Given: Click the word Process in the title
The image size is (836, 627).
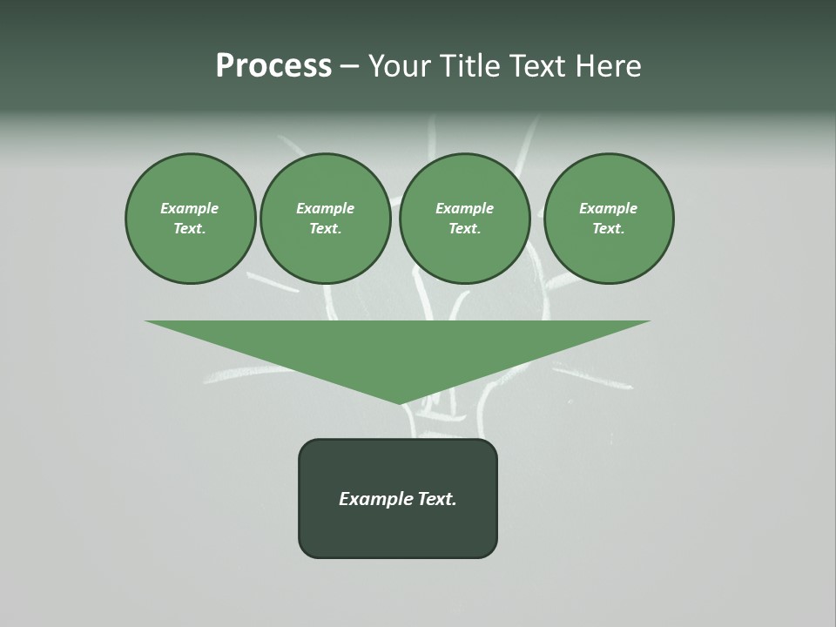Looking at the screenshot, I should tap(273, 66).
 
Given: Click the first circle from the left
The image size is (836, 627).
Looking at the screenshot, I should tap(190, 219).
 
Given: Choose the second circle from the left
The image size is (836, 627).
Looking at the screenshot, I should tap(325, 219).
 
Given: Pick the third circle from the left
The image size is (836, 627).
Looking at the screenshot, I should tap(464, 219).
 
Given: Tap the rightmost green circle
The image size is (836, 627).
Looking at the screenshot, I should tap(609, 219).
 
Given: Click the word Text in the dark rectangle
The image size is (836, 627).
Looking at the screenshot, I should tap(437, 499).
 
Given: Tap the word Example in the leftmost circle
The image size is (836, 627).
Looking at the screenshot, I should tap(190, 208).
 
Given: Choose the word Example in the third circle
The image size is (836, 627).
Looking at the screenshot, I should tap(464, 208).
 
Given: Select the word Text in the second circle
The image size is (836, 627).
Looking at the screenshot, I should tap(324, 229).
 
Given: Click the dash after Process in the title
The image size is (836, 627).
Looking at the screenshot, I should tap(349, 66).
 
